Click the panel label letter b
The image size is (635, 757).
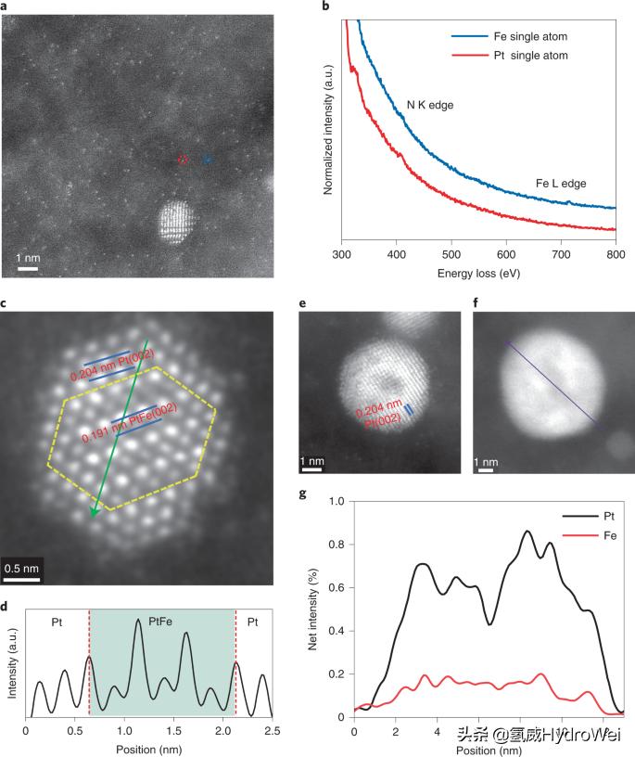(x=325, y=7)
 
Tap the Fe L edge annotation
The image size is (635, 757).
(x=561, y=184)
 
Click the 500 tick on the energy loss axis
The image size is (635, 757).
(x=451, y=253)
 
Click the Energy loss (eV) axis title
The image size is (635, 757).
(x=479, y=275)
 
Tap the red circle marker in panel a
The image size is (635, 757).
(x=183, y=160)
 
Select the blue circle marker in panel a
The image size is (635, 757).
(x=207, y=160)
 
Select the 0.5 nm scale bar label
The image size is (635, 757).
(x=20, y=566)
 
